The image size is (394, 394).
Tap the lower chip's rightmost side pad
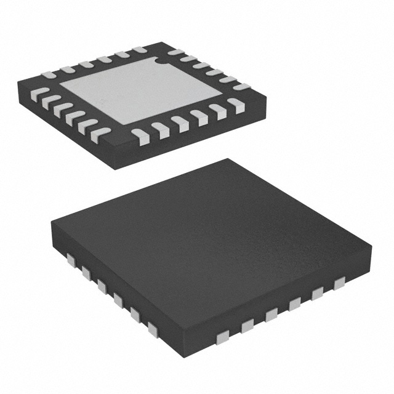point(338,283)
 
